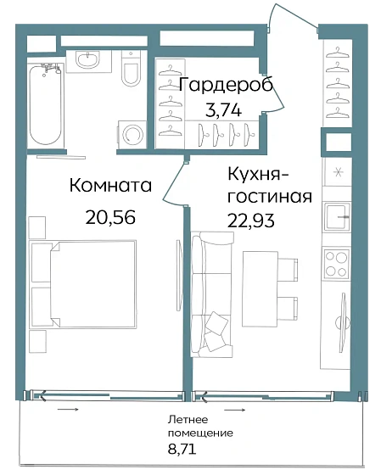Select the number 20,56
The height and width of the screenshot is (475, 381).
coord(110,215)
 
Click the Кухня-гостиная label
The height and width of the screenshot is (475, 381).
coord(267,185)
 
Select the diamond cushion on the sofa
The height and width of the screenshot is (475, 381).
coord(218,323)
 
